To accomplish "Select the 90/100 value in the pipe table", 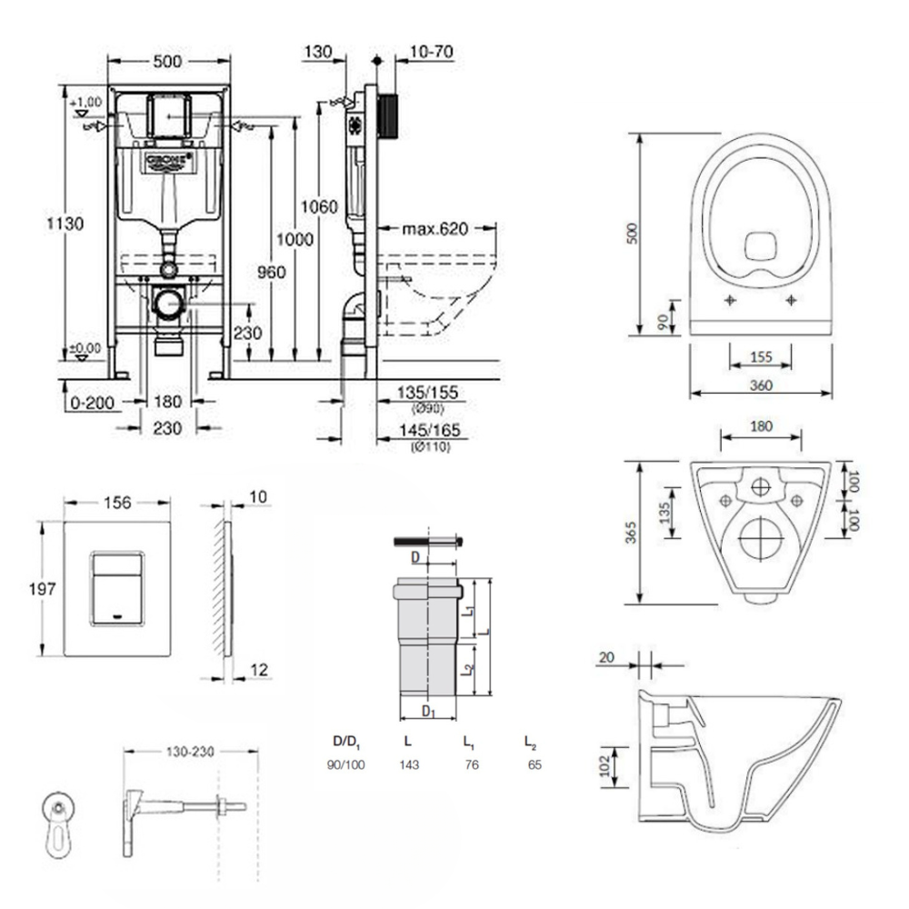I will pyautogui.click(x=345, y=765).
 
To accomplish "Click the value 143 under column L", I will pyautogui.click(x=409, y=765).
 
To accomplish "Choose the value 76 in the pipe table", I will pyautogui.click(x=472, y=765).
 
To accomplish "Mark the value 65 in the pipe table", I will pyautogui.click(x=534, y=765).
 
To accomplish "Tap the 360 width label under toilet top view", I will pyautogui.click(x=761, y=385).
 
